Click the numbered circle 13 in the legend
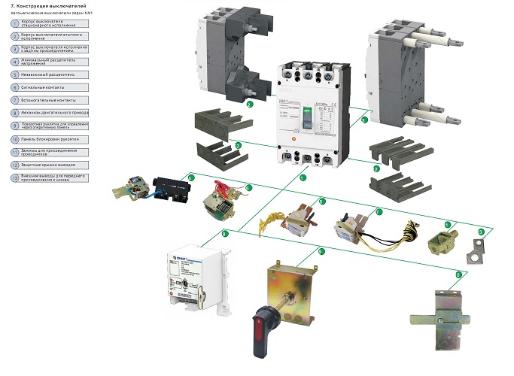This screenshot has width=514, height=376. click(15, 178)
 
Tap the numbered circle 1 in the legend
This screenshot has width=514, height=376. click(15, 23)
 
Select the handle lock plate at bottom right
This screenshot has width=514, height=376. click(436, 316)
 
